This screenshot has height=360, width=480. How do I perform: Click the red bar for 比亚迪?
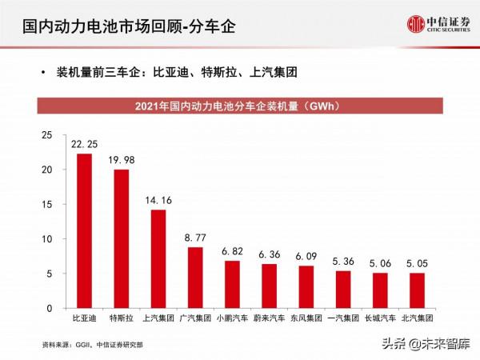84,231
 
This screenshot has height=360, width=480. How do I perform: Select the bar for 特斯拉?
121,238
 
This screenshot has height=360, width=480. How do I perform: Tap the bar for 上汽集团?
158,258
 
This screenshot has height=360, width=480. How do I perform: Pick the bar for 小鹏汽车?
232,284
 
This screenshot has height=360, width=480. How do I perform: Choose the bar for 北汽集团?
417,290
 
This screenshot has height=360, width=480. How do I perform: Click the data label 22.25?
84,144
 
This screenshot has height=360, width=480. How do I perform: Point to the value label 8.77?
195,238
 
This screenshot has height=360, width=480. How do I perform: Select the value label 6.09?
306,256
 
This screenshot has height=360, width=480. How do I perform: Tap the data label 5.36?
343,261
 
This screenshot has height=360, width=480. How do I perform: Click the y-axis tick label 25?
47,135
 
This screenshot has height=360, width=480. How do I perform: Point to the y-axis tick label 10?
47,239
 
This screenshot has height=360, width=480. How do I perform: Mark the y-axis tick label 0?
50,308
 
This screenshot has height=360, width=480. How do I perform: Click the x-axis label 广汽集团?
195,318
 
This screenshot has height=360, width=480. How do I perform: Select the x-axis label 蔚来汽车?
269,318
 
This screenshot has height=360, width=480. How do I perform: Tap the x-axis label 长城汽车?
380,318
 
